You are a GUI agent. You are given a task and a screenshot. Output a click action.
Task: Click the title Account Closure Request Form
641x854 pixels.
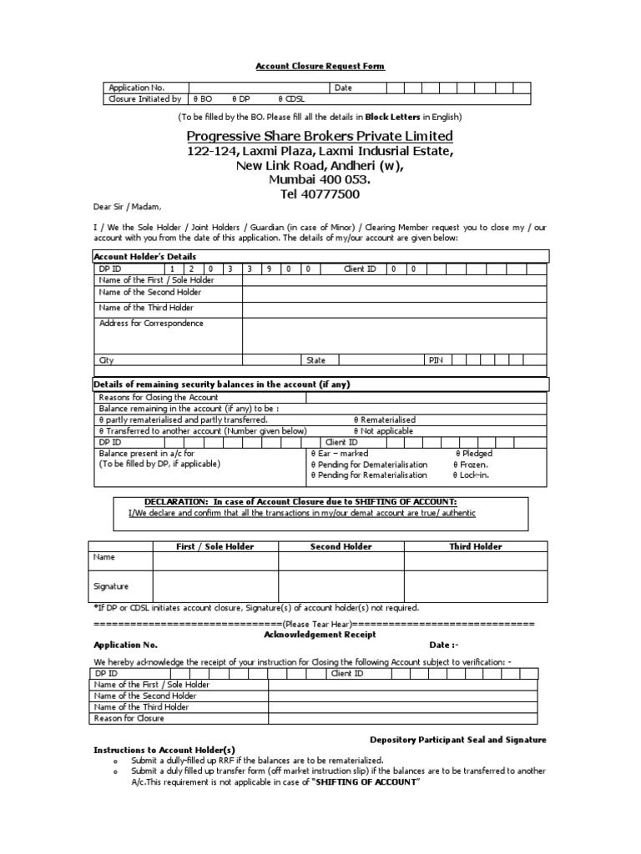(320, 67)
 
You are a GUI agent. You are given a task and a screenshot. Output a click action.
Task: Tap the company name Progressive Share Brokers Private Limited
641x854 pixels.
(320, 136)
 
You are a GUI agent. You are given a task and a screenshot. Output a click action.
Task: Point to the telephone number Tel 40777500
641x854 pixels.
(320, 193)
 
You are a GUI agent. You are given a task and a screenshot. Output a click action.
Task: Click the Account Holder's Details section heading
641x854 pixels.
(145, 257)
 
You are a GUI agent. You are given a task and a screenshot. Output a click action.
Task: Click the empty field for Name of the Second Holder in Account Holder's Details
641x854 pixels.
(394, 294)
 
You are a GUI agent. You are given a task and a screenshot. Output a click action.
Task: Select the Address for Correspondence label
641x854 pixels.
(151, 324)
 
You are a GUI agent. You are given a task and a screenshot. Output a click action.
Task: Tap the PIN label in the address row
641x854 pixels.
(436, 360)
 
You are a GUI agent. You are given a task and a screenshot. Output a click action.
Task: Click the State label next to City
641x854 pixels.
(316, 360)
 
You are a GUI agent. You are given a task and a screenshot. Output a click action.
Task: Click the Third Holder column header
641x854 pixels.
(476, 546)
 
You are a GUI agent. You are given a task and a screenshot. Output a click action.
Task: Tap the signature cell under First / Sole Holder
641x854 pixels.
(215, 585)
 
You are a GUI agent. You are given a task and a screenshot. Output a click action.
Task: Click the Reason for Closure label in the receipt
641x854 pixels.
(129, 718)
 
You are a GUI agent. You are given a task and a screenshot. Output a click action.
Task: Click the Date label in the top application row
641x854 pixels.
(344, 88)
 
